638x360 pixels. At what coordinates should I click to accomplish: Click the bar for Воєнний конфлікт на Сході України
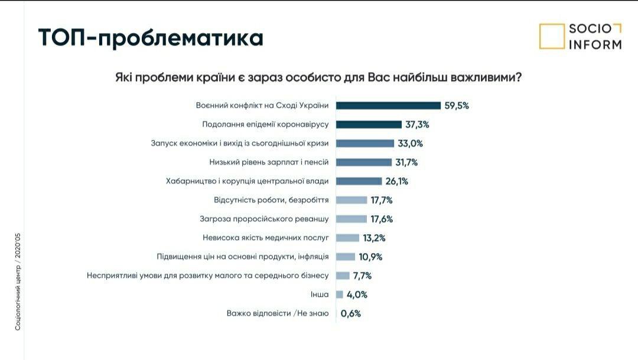click(388, 106)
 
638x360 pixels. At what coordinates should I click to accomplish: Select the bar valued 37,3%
click(368, 125)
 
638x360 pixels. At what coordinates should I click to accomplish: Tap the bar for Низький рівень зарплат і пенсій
click(364, 162)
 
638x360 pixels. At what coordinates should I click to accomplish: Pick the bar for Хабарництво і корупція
click(359, 181)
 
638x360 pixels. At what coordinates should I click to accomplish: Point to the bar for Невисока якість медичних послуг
click(347, 238)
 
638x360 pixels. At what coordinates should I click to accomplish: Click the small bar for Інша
click(340, 294)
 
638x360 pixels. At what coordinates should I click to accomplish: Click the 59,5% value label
click(457, 106)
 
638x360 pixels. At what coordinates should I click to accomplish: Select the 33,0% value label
click(411, 143)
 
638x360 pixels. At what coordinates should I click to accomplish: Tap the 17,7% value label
click(382, 200)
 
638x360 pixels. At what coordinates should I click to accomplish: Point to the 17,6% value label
click(382, 219)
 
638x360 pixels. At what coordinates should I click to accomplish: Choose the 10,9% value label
click(370, 257)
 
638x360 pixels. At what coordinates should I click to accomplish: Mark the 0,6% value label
click(350, 313)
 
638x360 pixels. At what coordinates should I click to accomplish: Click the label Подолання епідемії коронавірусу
click(265, 125)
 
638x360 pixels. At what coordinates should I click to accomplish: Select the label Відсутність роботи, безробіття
click(271, 200)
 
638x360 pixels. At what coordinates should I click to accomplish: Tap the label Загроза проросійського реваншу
click(264, 219)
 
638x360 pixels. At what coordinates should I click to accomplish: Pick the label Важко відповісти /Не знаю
click(277, 313)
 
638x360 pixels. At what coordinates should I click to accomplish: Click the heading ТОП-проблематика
click(151, 37)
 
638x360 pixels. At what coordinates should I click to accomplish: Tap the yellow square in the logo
click(552, 36)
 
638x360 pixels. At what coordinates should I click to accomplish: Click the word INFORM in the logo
click(595, 44)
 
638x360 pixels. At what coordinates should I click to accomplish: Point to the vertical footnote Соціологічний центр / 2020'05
click(18, 281)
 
